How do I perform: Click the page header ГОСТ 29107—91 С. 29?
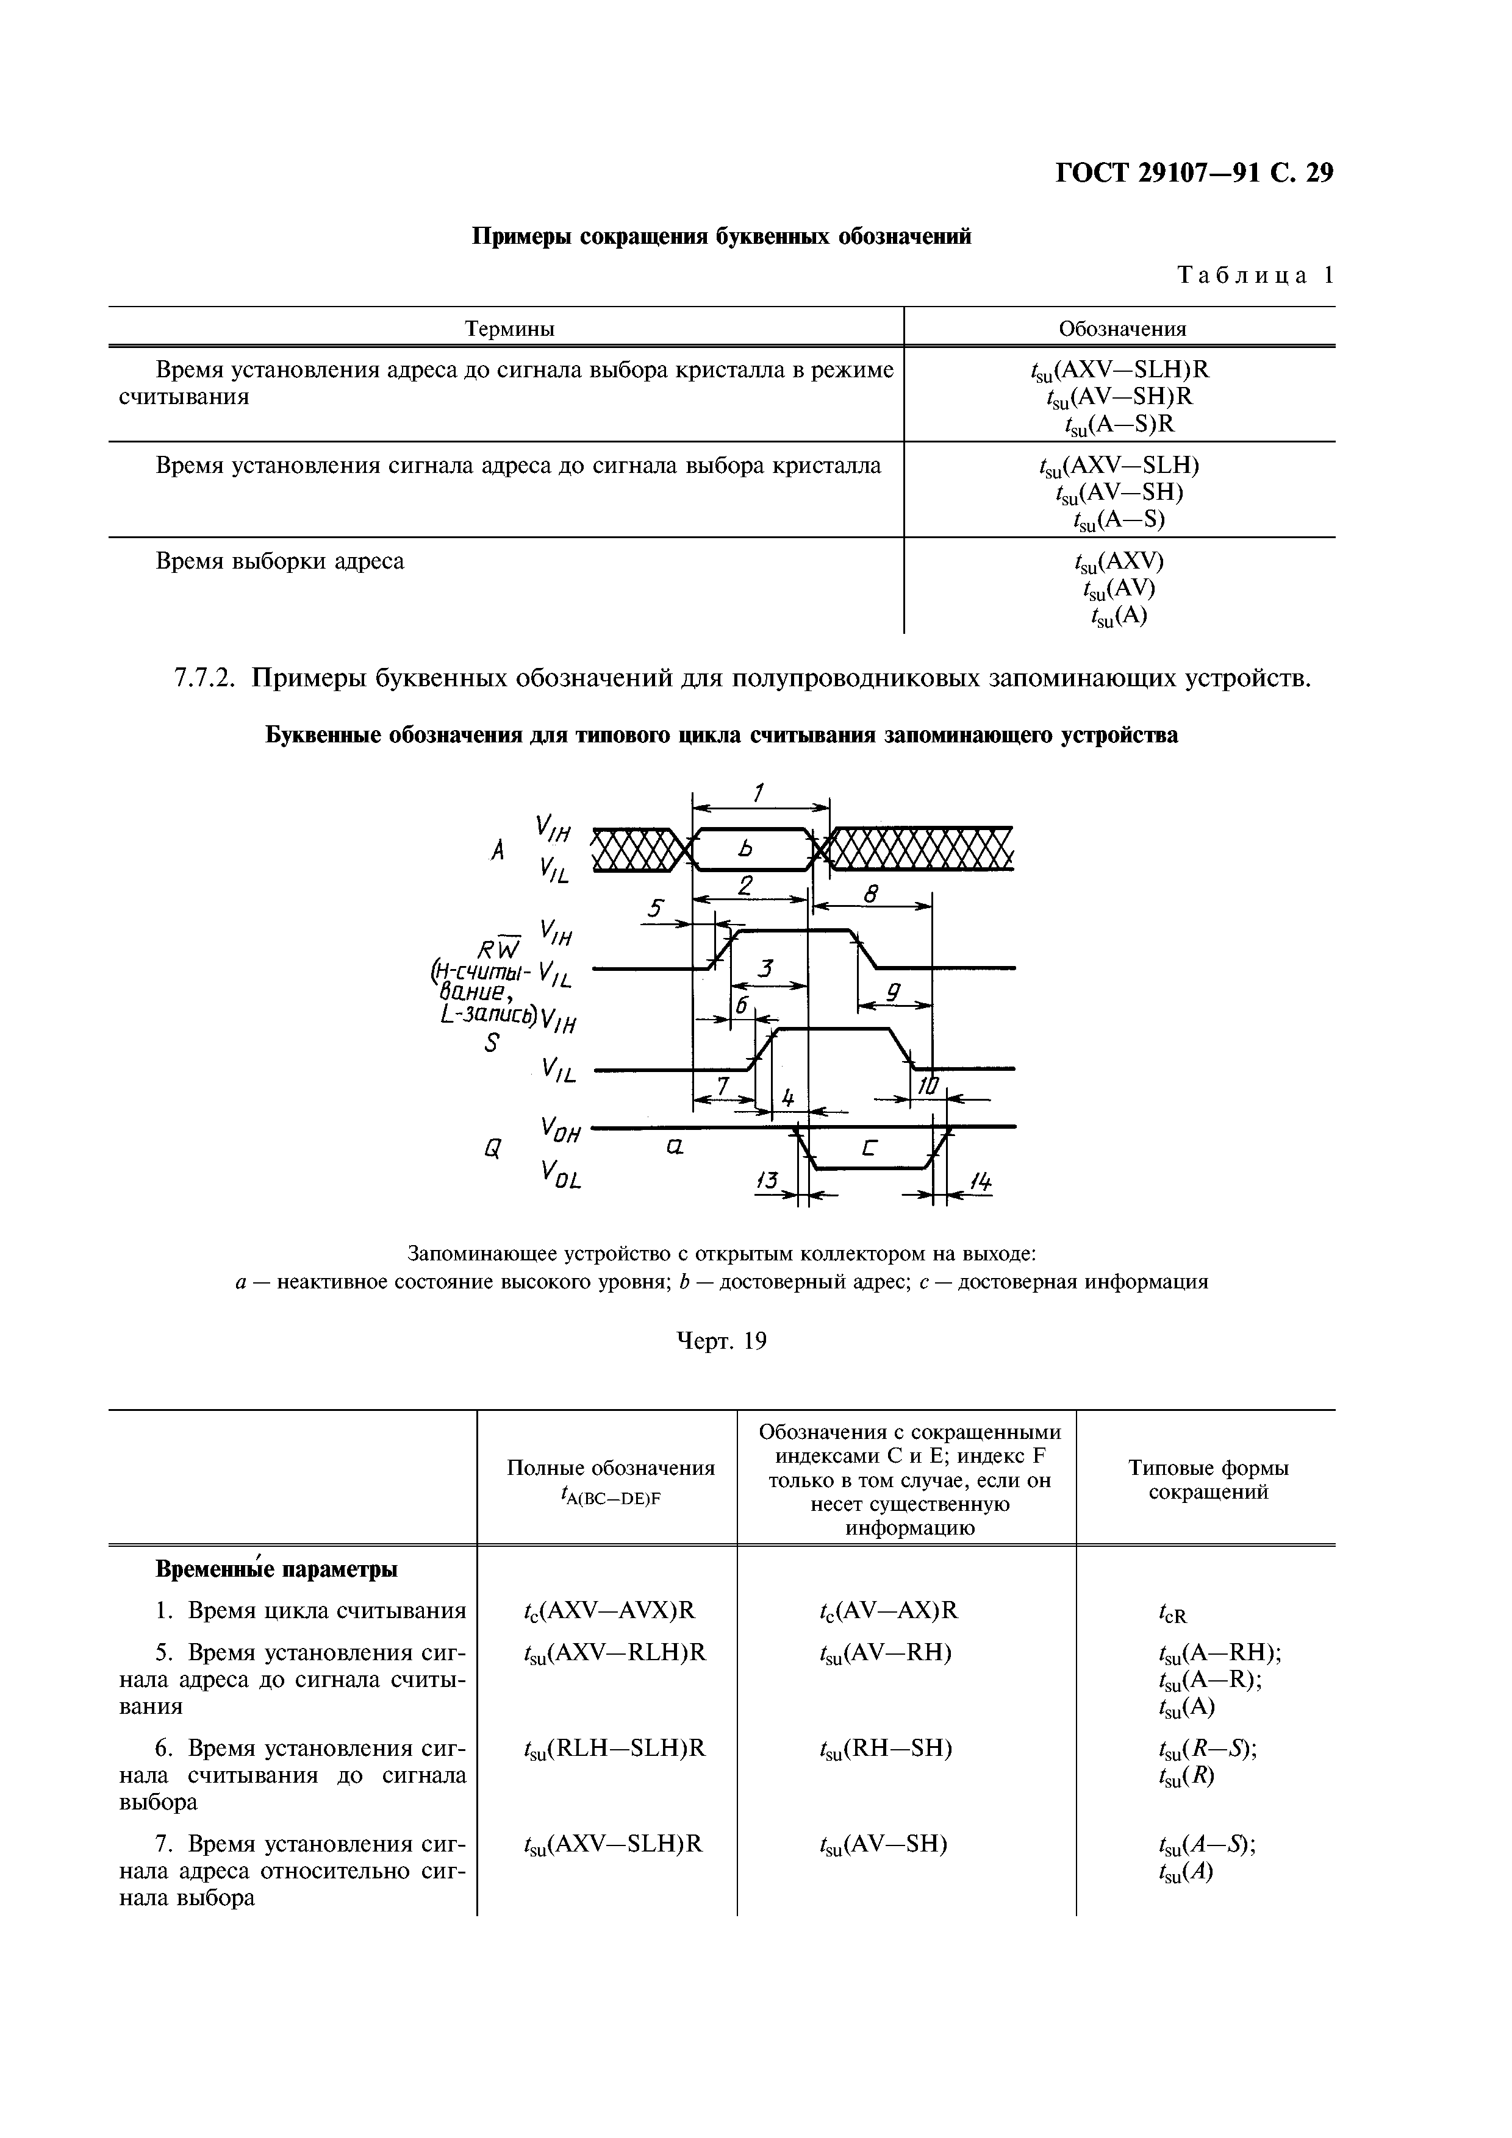1194,173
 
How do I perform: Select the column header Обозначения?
1122,329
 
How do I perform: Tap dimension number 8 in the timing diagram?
870,895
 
